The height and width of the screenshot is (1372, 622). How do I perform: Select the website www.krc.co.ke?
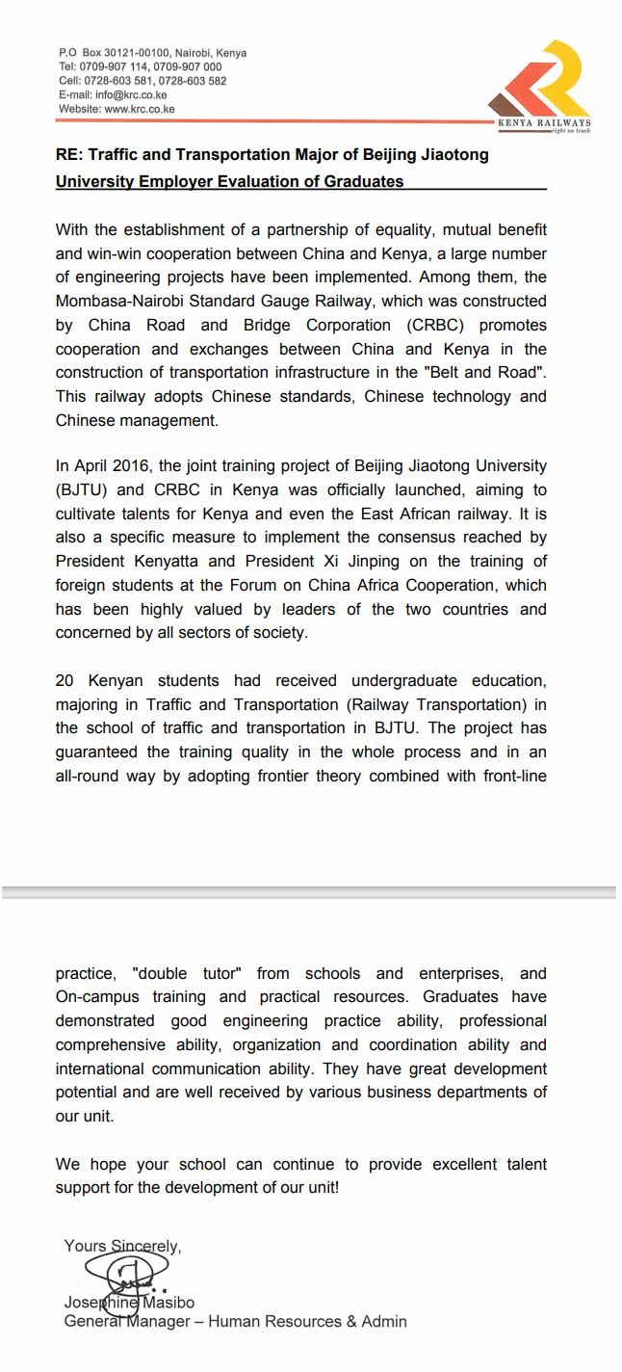(x=140, y=110)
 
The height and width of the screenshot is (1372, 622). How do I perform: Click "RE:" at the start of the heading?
(x=69, y=154)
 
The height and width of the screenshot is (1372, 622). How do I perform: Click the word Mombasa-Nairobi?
(x=116, y=302)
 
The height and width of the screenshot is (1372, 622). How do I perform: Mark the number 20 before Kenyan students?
(x=65, y=681)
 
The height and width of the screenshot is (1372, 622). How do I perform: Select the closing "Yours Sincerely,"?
(x=122, y=1246)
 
